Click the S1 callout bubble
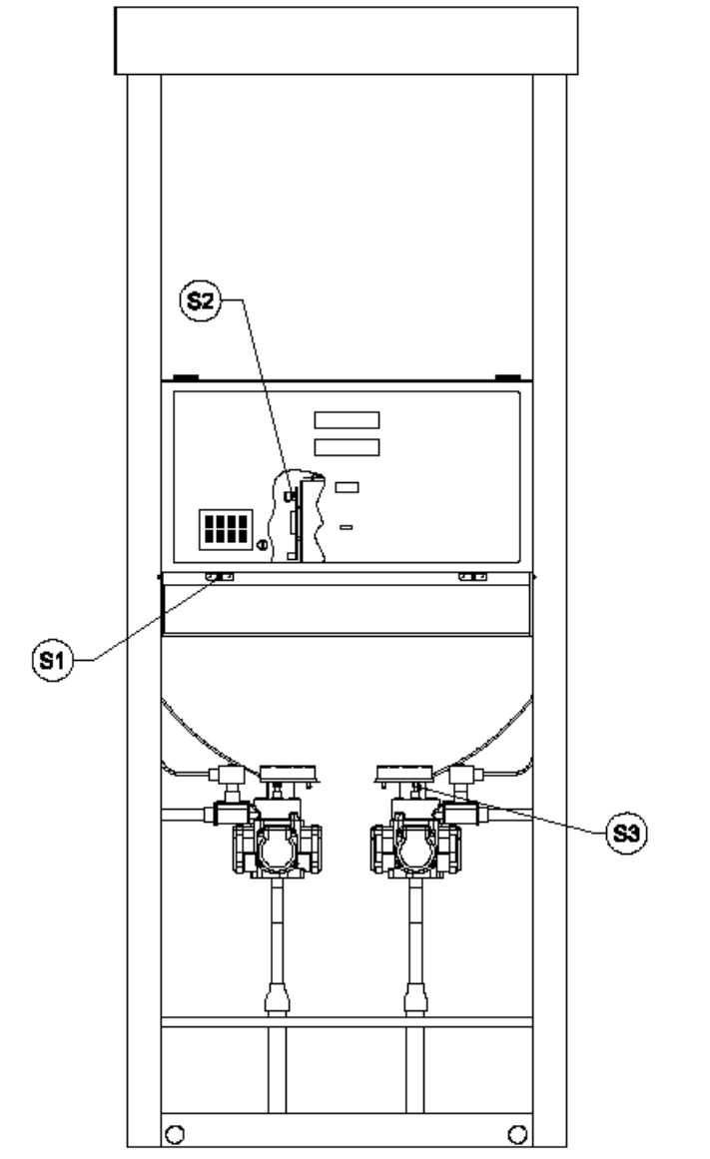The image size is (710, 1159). [53, 660]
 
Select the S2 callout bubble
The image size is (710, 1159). [201, 300]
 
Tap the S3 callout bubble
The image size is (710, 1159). [626, 833]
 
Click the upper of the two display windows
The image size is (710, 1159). [347, 420]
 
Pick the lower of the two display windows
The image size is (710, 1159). [347, 447]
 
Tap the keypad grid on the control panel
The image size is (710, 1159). [226, 529]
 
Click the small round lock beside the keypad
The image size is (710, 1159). [262, 545]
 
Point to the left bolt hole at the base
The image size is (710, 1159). [175, 1134]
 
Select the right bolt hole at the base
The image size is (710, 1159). [517, 1134]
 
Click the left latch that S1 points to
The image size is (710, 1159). [220, 577]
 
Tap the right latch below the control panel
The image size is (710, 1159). [472, 577]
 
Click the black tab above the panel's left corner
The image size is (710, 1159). [186, 377]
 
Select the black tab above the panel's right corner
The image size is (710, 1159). [508, 377]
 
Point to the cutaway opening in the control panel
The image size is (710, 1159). [299, 516]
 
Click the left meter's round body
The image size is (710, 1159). [277, 849]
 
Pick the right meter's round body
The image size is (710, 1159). [414, 849]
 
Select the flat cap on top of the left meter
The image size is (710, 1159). [290, 774]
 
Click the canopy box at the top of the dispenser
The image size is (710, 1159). [347, 41]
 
